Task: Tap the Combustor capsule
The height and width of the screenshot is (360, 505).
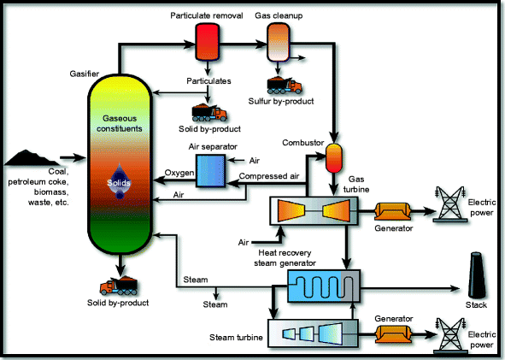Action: pos(333,156)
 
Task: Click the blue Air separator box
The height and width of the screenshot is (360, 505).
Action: pos(210,169)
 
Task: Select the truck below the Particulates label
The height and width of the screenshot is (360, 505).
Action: pos(209,112)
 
